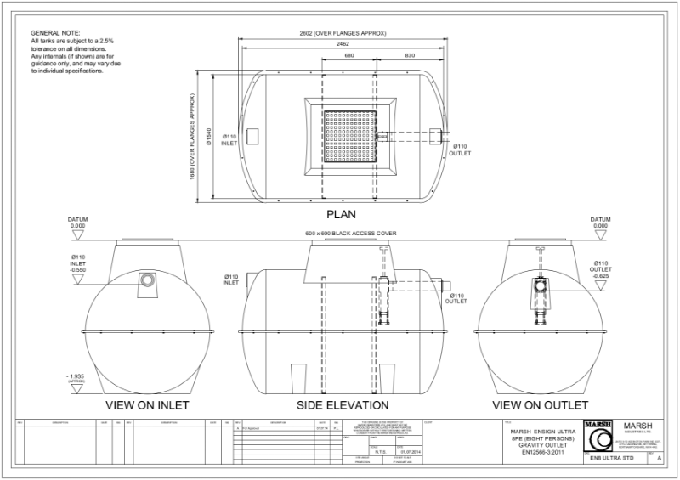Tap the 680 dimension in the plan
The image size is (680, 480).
348,55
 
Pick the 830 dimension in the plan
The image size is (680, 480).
409,55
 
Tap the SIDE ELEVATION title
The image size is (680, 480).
343,404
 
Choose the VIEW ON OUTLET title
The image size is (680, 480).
541,404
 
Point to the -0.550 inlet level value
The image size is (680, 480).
78,269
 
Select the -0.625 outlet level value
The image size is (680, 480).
601,276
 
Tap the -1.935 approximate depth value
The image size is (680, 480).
77,375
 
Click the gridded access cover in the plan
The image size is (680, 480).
350,137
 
